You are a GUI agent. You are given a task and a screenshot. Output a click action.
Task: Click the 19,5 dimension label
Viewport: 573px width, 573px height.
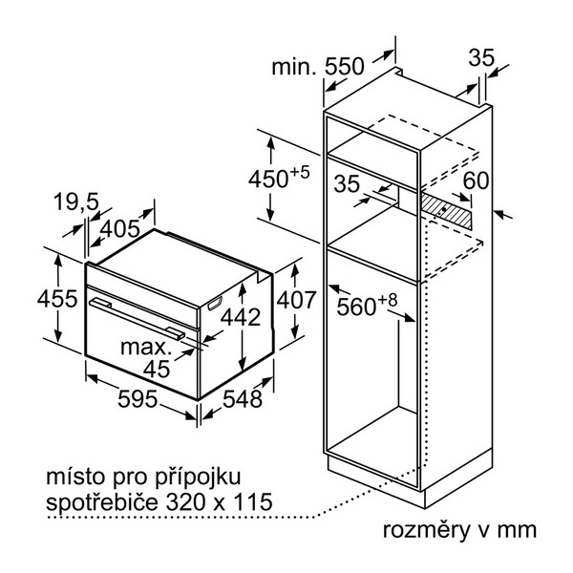76,202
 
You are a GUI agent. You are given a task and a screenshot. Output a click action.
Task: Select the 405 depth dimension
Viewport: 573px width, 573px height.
120,229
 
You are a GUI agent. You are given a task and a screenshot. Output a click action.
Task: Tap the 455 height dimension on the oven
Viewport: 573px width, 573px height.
57,298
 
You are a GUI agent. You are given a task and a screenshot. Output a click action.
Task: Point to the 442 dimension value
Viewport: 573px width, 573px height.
241,317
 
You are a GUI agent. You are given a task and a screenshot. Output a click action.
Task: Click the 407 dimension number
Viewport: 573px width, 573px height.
296,300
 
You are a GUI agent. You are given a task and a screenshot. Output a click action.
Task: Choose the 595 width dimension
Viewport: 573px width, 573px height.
138,398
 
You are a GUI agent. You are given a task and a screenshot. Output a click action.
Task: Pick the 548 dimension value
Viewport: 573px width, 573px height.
243,398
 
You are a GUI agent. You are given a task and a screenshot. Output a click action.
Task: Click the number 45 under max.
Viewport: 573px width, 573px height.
157,369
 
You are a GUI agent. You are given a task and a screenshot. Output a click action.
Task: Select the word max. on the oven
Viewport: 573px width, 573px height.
146,348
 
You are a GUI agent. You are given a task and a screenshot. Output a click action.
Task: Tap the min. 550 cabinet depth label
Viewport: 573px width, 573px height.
318,67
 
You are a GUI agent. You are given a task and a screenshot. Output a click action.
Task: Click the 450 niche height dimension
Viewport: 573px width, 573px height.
279,178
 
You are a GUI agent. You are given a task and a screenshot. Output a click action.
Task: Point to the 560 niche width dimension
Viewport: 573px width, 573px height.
367,305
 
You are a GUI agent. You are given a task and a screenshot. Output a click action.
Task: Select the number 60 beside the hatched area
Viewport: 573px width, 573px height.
476,180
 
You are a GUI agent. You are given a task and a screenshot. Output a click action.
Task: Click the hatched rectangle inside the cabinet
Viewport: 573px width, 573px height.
446,211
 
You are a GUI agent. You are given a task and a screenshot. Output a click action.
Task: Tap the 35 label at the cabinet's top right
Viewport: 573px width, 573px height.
481,57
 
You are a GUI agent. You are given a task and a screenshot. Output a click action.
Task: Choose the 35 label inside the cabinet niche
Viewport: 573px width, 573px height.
347,183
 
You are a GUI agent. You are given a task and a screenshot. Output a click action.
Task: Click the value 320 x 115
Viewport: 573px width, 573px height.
220,501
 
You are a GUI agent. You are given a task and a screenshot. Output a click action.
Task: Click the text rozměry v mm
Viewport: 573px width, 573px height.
459,530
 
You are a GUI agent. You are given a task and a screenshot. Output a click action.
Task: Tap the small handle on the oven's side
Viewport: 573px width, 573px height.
215,304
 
